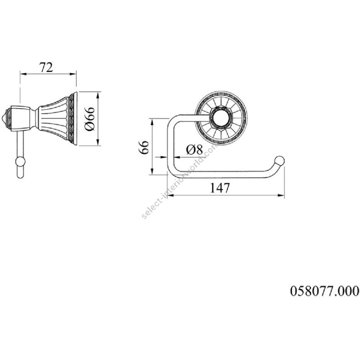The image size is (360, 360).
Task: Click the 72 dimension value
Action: pyautogui.click(x=46, y=67)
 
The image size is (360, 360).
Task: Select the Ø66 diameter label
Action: pyautogui.click(x=90, y=119)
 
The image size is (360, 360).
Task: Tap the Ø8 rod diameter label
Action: pyautogui.click(x=194, y=150)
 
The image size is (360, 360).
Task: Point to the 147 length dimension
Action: pyautogui.click(x=220, y=188)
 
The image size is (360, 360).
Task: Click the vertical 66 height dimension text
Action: pyautogui.click(x=144, y=148)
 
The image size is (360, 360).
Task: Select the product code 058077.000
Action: pyautogui.click(x=324, y=291)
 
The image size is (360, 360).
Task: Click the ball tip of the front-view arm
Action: pyautogui.click(x=280, y=161)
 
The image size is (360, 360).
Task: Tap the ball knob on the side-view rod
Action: pyautogui.click(x=20, y=162)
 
